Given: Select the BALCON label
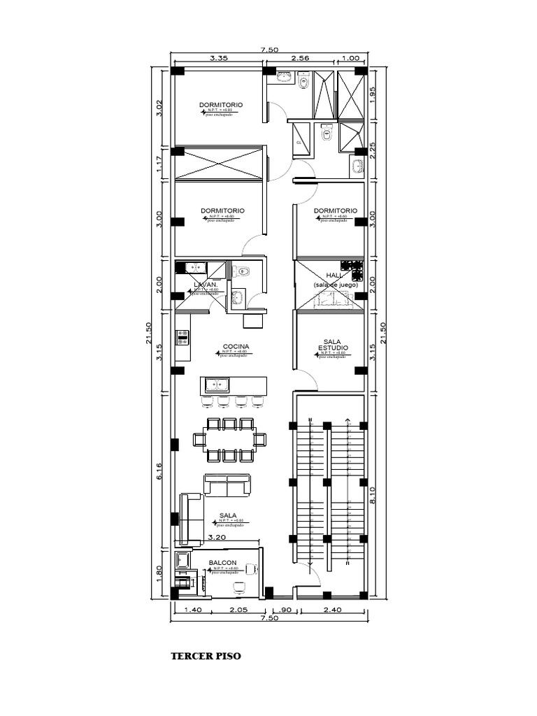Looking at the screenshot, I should tap(222, 563).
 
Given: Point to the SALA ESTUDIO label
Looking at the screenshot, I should tap(331, 344).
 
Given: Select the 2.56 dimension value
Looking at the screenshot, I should tap(299, 59).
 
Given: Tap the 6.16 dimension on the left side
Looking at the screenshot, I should tap(160, 473).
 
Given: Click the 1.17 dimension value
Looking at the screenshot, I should tap(160, 164).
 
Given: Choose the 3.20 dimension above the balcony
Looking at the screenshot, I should tap(217, 538).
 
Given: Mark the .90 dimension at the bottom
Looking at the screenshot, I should tap(285, 610).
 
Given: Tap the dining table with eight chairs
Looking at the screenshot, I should tap(230, 440).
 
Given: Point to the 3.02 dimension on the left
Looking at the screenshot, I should tap(160, 108).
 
